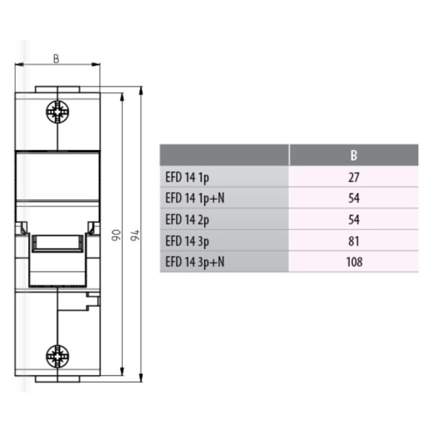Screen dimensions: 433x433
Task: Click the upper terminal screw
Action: coord(58,112)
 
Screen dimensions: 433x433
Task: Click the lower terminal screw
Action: coord(58,357)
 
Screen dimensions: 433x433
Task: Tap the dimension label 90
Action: coord(116,235)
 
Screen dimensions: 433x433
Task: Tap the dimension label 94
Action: coord(135,235)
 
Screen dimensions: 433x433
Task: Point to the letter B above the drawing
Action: coord(56,59)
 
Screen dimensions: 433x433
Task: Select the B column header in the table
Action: coord(354,155)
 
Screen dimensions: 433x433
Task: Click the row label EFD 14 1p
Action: coord(187,178)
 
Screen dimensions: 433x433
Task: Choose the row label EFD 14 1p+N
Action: coord(195,198)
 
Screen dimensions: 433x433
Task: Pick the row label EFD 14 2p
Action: coord(187,220)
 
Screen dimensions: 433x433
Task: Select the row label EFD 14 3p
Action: coord(187,241)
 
